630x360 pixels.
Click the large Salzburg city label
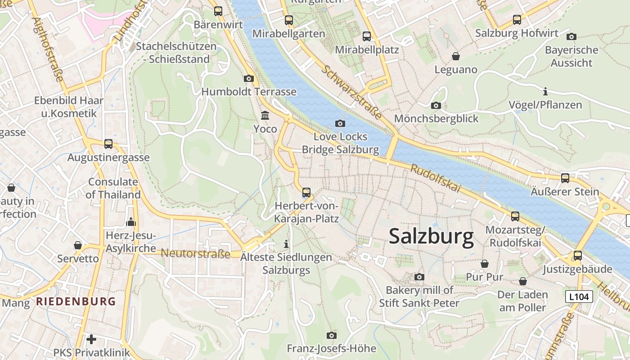coord(431,236)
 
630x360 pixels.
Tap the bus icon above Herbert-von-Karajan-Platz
coord(306,193)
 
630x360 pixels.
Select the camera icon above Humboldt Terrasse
coord(248,79)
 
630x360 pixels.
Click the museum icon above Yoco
coord(265,116)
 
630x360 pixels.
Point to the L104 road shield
coord(579,297)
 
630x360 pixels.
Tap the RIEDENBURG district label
coord(76,301)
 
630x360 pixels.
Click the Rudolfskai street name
coord(435,178)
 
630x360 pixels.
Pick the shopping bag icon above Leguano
coord(456,56)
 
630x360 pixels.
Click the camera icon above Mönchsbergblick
coord(436,105)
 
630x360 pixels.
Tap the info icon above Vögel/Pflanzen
coord(545,92)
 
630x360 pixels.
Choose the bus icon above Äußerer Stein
coord(565,178)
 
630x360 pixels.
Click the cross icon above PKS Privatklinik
coord(91,339)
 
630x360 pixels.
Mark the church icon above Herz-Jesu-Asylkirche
coord(131,222)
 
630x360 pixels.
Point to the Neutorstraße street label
coord(195,253)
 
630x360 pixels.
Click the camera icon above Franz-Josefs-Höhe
coord(332,335)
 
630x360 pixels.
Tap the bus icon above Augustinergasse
coord(108,144)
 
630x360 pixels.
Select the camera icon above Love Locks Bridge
coord(340,123)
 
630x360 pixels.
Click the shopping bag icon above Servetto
coord(78,245)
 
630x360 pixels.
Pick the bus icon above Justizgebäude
coord(577,256)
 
